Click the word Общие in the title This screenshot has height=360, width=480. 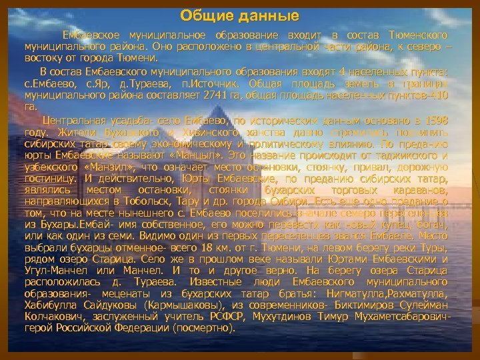[x=205, y=15]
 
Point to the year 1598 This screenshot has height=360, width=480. [x=434, y=120]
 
